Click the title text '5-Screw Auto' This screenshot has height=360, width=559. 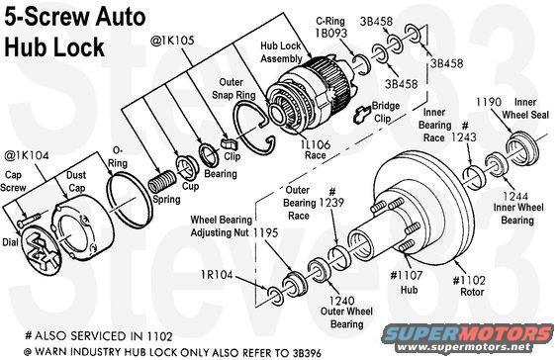65,17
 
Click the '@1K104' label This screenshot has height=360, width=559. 24,154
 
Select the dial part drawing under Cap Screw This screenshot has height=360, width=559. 37,241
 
